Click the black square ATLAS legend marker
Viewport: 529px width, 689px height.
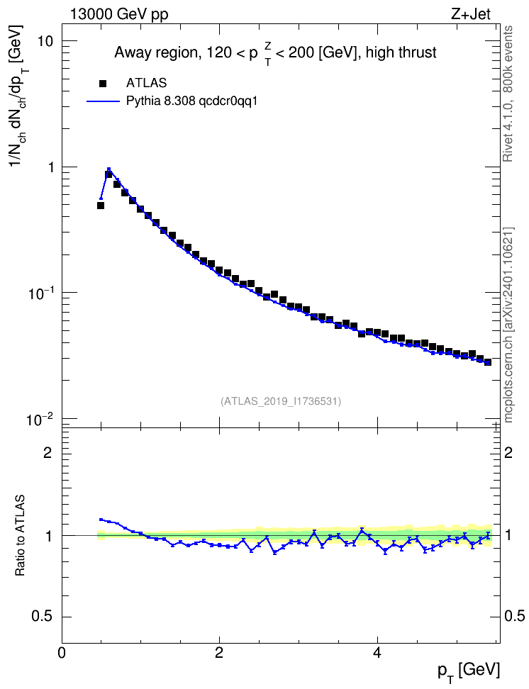[x=103, y=83]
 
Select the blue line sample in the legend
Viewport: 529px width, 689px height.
[x=104, y=101]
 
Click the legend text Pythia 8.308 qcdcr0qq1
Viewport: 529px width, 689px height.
[x=191, y=101]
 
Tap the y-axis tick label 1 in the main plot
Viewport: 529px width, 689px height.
[x=49, y=167]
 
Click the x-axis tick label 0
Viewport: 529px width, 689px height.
[x=62, y=653]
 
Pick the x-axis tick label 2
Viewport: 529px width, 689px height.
[x=219, y=653]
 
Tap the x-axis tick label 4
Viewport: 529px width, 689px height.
[x=377, y=653]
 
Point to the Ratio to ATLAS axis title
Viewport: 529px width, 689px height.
[x=19, y=536]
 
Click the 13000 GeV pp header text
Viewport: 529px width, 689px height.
[x=118, y=14]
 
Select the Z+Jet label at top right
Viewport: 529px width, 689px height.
[x=471, y=14]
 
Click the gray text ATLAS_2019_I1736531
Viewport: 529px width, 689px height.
[x=281, y=400]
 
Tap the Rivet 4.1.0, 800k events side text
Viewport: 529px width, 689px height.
[x=508, y=94]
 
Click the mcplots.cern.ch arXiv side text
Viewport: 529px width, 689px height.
[x=508, y=325]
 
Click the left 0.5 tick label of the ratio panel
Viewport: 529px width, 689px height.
[x=43, y=617]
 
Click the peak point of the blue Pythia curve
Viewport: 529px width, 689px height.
[x=108, y=169]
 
